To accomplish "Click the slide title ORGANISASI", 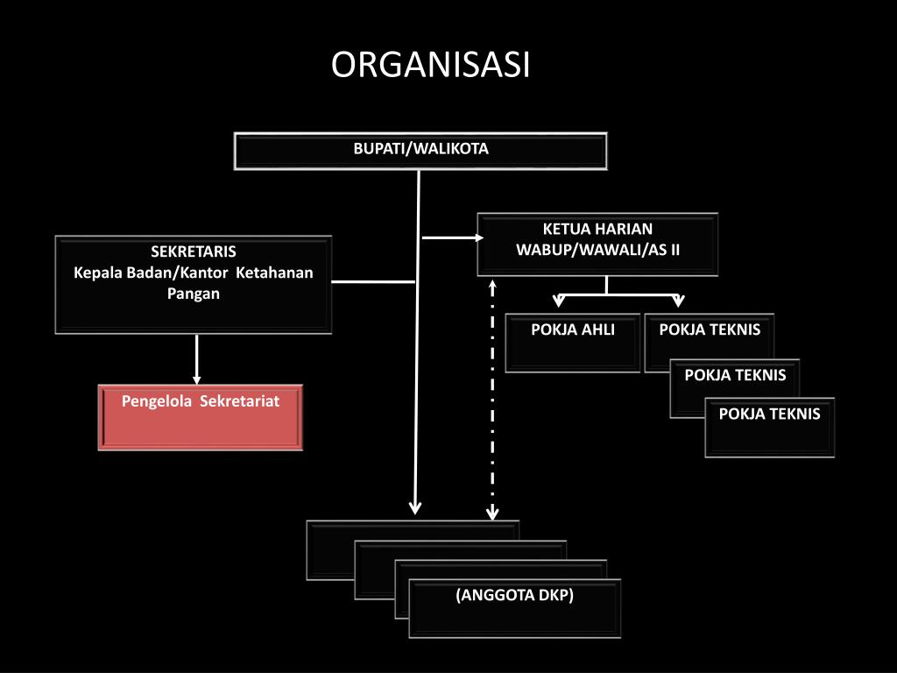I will click(x=430, y=66).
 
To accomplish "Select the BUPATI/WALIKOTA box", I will click(x=420, y=150).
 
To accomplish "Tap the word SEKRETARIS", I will click(x=194, y=252).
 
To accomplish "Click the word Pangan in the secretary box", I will click(x=194, y=294).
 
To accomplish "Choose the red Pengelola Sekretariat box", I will click(x=201, y=417).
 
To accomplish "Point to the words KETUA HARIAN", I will click(x=597, y=230).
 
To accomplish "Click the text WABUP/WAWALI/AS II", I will click(x=597, y=250).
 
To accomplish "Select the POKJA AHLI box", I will click(x=573, y=343).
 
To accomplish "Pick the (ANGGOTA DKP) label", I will click(x=514, y=596).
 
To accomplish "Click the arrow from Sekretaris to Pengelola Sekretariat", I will click(x=197, y=358).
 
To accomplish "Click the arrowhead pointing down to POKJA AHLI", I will click(x=560, y=302).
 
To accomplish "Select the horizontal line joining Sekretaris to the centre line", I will click(x=373, y=282).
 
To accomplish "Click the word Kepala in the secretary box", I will click(x=97, y=273).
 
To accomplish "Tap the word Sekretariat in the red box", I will click(x=239, y=401).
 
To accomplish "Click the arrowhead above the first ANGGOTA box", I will click(x=416, y=507).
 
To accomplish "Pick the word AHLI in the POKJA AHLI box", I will click(x=597, y=330).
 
